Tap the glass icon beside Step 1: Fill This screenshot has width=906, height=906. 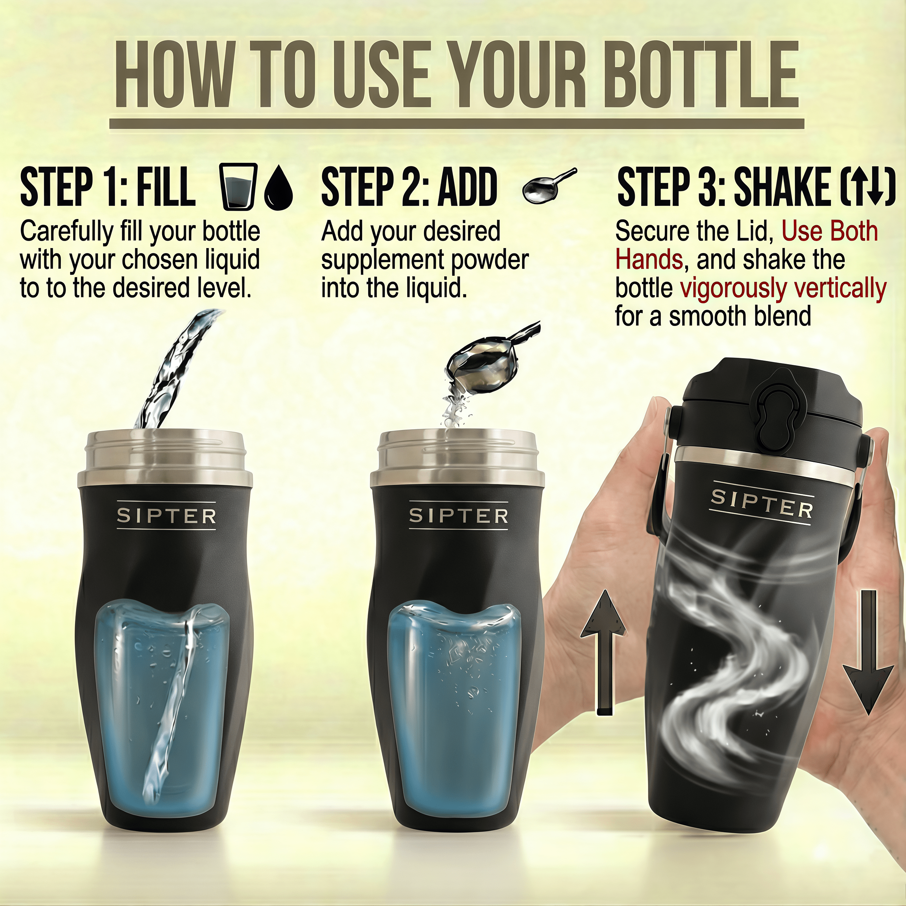[x=238, y=186]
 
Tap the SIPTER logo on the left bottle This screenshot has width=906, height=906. [x=166, y=516]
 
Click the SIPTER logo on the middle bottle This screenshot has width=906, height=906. [x=459, y=516]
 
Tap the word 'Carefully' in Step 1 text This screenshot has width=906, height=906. [x=67, y=232]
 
